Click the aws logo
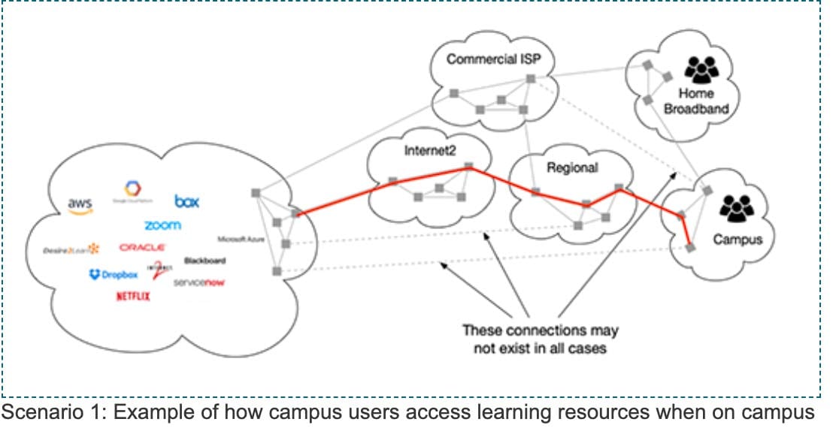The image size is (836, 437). [80, 205]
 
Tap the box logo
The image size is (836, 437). [187, 201]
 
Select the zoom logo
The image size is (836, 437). [162, 225]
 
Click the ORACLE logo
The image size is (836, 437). [142, 247]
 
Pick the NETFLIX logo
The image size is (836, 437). [133, 297]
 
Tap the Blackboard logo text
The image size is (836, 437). [204, 261]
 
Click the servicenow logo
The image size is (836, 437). [199, 282]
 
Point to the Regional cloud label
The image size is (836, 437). [572, 167]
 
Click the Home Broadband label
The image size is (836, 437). [704, 101]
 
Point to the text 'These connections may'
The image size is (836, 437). [541, 330]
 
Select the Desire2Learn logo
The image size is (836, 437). [71, 249]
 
